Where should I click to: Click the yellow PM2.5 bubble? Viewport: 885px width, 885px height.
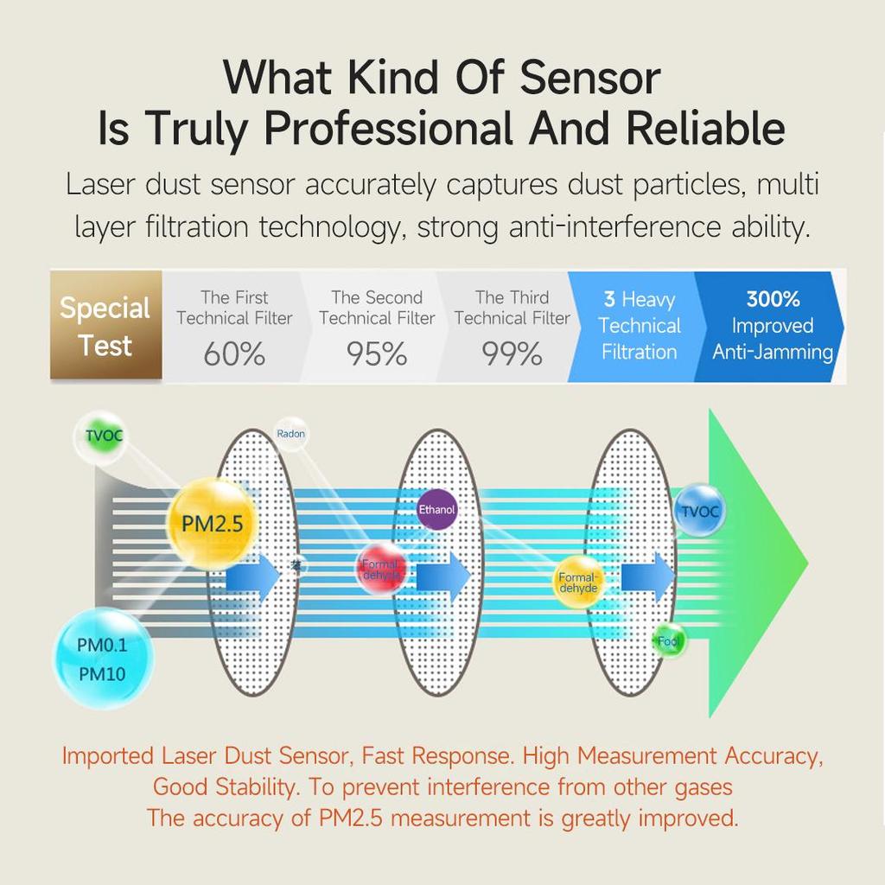pyautogui.click(x=211, y=523)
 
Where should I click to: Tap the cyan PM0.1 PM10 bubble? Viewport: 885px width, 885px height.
pyautogui.click(x=103, y=659)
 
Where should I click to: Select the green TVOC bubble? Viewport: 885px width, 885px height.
pyautogui.click(x=103, y=436)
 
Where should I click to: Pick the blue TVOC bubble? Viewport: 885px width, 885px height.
pyautogui.click(x=699, y=511)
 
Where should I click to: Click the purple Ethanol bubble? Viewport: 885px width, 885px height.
pyautogui.click(x=436, y=510)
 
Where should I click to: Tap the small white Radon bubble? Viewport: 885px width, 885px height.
pyautogui.click(x=290, y=434)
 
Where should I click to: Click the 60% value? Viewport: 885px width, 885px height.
pyautogui.click(x=234, y=354)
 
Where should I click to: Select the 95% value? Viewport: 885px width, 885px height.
pyautogui.click(x=377, y=354)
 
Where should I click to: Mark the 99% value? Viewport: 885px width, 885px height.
pyautogui.click(x=513, y=354)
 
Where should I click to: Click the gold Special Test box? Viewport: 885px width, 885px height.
pyautogui.click(x=105, y=326)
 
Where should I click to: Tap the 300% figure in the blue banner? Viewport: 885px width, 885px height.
pyautogui.click(x=773, y=300)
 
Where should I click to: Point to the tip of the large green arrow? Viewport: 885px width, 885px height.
pyautogui.click(x=805, y=563)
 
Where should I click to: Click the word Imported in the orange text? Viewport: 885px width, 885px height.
pyautogui.click(x=107, y=755)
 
